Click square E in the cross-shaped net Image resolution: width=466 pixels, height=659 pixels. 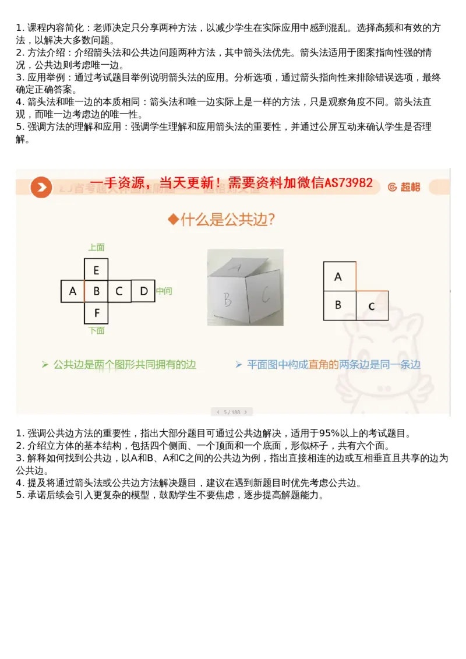click(96, 270)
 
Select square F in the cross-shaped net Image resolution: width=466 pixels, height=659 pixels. click(96, 313)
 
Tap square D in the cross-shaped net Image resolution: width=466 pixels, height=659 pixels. click(143, 291)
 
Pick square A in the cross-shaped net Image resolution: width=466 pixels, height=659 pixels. click(73, 291)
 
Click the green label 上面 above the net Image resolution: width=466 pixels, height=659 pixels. click(96, 248)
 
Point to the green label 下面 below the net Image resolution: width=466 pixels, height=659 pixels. click(96, 331)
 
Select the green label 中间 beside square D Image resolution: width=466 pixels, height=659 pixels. click(164, 291)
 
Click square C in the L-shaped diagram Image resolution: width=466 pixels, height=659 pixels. click(371, 305)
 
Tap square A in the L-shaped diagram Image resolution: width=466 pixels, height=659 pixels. click(338, 276)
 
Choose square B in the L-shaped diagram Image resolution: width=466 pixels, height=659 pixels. click(338, 305)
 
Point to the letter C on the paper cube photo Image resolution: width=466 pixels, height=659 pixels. click(265, 296)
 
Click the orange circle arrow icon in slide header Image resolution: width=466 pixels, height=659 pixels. click(41, 186)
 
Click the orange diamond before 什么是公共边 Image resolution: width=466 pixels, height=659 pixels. click(172, 219)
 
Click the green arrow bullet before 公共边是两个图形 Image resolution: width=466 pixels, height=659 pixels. click(45, 365)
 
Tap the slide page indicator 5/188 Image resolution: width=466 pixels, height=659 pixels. click(232, 411)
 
